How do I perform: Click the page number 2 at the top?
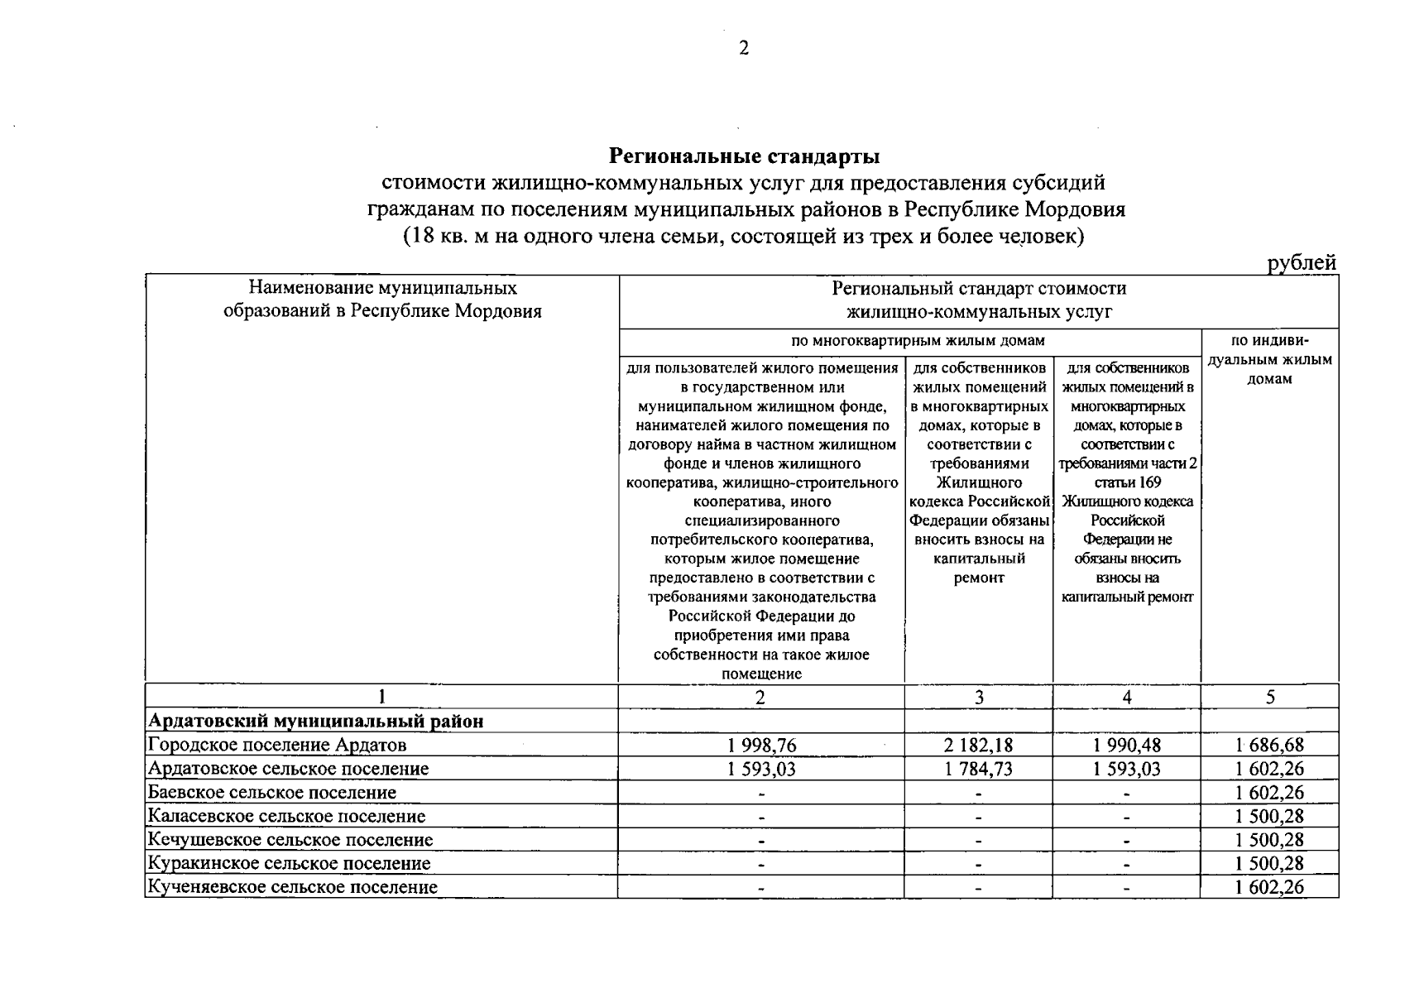pyautogui.click(x=743, y=49)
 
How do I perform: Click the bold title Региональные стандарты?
pyautogui.click(x=744, y=156)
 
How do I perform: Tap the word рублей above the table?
pyautogui.click(x=1302, y=262)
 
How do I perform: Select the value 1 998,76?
pyautogui.click(x=761, y=745)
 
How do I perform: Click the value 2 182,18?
pyautogui.click(x=978, y=745)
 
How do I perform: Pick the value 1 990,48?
pyautogui.click(x=1126, y=745)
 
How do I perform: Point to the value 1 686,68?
pyautogui.click(x=1269, y=745)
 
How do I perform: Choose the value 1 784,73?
pyautogui.click(x=978, y=769)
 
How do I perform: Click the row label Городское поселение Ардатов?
pyautogui.click(x=276, y=745)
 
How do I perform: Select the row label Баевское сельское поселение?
pyautogui.click(x=271, y=793)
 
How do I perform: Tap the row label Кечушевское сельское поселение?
pyautogui.click(x=290, y=840)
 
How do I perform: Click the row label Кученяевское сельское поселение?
pyautogui.click(x=292, y=888)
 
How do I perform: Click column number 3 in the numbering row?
pyautogui.click(x=978, y=698)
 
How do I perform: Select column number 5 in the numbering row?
pyautogui.click(x=1269, y=698)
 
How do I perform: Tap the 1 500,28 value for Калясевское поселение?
pyautogui.click(x=1269, y=817)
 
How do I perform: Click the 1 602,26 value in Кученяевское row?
pyautogui.click(x=1269, y=888)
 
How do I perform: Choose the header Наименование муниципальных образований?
pyautogui.click(x=382, y=300)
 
